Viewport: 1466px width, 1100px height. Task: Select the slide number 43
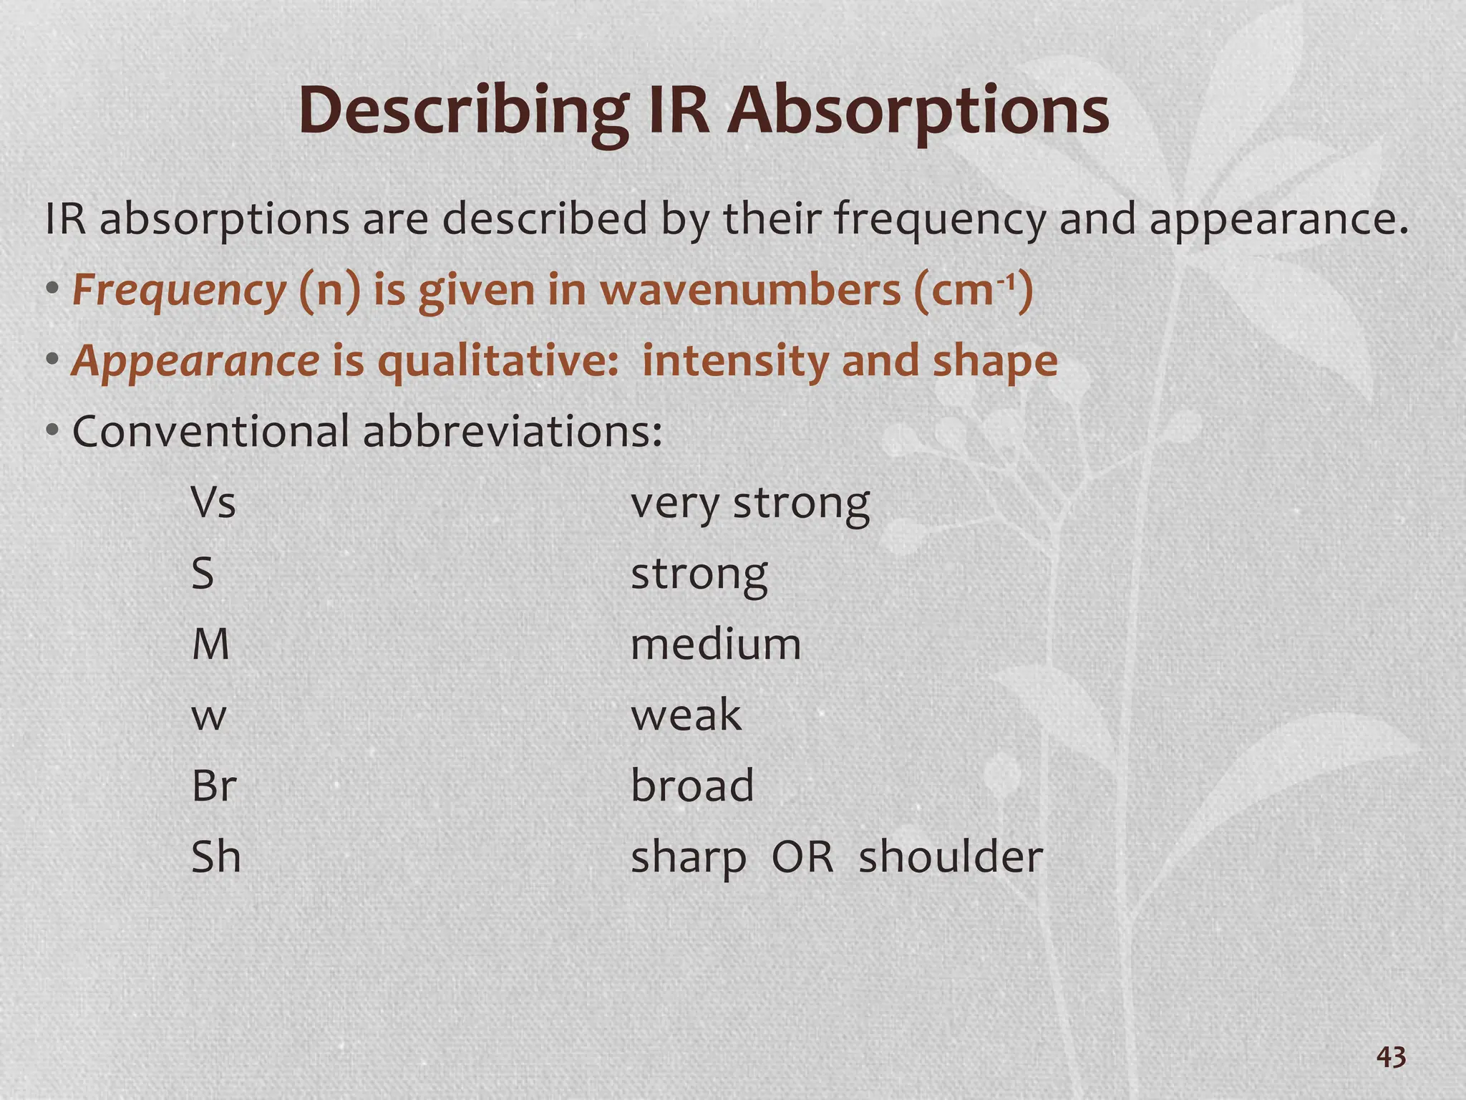click(1391, 1057)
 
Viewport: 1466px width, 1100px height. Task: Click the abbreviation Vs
click(213, 503)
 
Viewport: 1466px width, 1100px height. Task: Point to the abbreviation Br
click(213, 786)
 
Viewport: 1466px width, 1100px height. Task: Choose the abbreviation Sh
click(215, 857)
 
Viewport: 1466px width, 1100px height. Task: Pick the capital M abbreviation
click(210, 645)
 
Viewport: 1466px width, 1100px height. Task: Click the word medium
click(715, 645)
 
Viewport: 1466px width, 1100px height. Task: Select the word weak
click(686, 715)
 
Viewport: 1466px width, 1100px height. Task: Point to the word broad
click(692, 786)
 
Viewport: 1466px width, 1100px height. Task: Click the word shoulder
click(951, 857)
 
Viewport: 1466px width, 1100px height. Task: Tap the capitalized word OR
click(802, 857)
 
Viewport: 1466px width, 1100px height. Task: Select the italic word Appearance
click(195, 362)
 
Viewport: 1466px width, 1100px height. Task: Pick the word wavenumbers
click(750, 291)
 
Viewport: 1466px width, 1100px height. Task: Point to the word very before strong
click(674, 504)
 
